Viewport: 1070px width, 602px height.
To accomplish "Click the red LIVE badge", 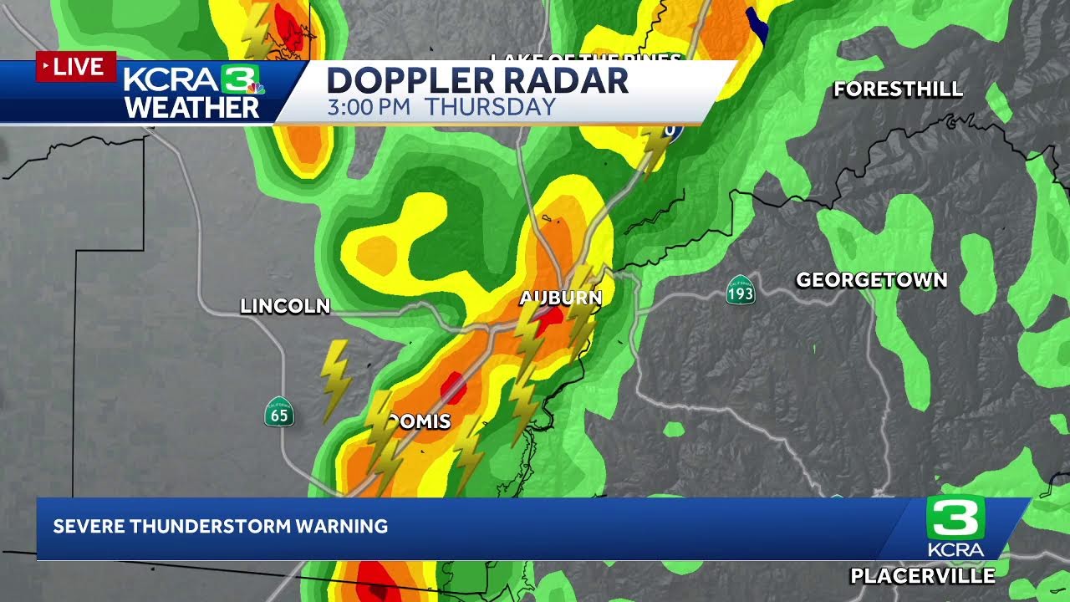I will [x=75, y=67].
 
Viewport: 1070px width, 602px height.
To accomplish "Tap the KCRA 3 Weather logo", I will [x=193, y=91].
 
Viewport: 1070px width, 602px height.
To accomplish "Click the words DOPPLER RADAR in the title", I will [x=476, y=80].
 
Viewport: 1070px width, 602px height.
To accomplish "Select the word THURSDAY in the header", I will [x=490, y=107].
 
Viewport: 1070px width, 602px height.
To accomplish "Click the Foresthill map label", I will [x=898, y=89].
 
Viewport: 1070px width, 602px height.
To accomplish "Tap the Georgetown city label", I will [x=871, y=280].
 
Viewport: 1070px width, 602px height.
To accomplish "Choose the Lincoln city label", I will [x=285, y=307].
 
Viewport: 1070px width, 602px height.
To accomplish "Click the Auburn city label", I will [x=560, y=298].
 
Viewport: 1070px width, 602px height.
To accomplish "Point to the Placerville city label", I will [x=922, y=575].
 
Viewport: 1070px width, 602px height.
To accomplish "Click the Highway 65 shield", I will [x=279, y=411].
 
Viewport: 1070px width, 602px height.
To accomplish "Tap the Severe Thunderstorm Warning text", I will [x=221, y=527].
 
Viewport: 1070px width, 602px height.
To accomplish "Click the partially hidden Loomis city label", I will [x=423, y=421].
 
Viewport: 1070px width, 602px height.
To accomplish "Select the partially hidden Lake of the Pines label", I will [x=585, y=58].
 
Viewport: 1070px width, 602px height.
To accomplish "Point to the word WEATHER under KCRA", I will [x=192, y=108].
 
